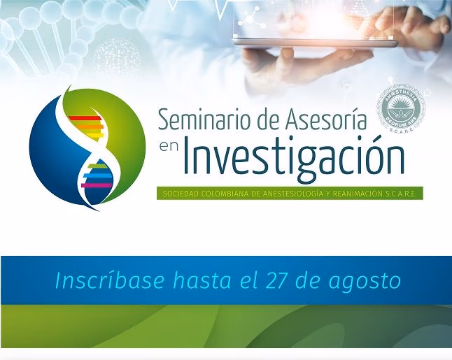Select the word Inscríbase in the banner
point(110,280)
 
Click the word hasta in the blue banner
point(202,280)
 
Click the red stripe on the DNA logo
point(85,118)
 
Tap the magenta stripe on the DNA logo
point(96,185)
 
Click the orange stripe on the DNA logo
point(91,126)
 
